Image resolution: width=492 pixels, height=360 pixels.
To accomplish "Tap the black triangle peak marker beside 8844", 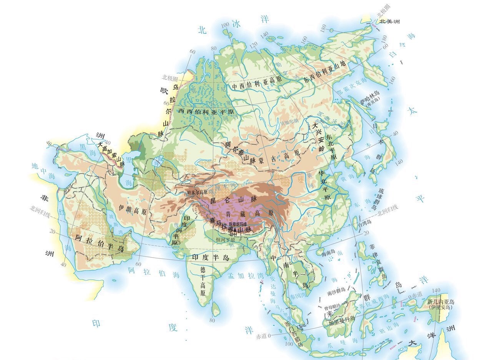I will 235,230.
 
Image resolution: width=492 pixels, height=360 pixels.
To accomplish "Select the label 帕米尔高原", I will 197,192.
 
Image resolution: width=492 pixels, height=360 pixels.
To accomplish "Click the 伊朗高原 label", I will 133,211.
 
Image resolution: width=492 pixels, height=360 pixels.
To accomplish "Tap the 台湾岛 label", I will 364,222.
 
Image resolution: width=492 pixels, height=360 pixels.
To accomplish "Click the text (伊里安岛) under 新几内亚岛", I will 441,307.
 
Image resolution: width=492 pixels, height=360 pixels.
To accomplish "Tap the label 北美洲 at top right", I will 389,22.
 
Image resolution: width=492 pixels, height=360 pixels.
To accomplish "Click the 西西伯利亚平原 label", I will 206,111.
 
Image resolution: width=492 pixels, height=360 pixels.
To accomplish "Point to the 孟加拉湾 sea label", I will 241,275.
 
